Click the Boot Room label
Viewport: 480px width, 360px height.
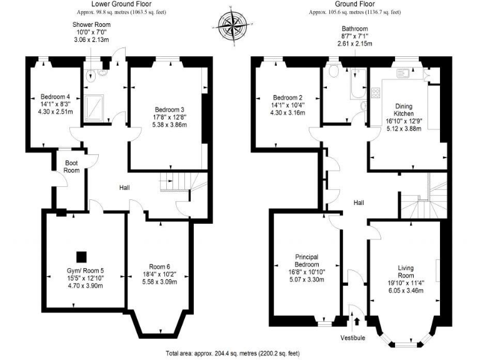72,167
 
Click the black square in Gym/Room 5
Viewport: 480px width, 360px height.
81,256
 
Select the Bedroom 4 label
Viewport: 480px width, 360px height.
55,97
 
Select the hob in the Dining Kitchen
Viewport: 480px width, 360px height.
376,92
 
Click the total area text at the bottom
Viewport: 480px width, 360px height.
239,352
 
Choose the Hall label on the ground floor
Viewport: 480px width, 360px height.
359,202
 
